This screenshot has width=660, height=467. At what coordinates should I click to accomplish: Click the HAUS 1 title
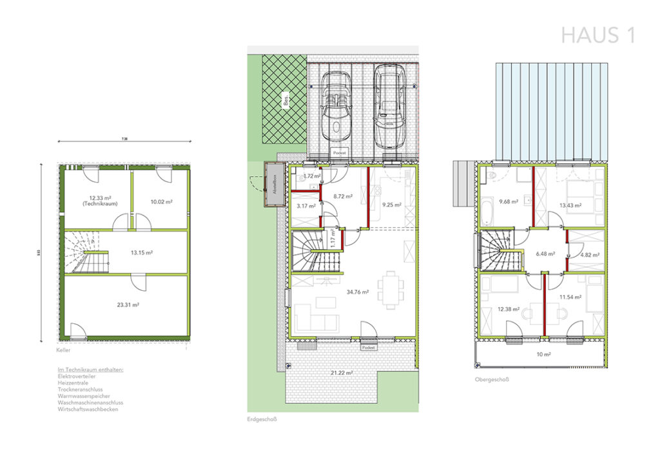598,35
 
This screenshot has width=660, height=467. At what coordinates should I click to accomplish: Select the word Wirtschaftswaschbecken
88,409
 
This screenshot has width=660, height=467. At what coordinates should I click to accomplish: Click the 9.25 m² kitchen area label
392,205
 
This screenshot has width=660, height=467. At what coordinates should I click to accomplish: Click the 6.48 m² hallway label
545,253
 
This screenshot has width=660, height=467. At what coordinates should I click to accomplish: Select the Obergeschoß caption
491,380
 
